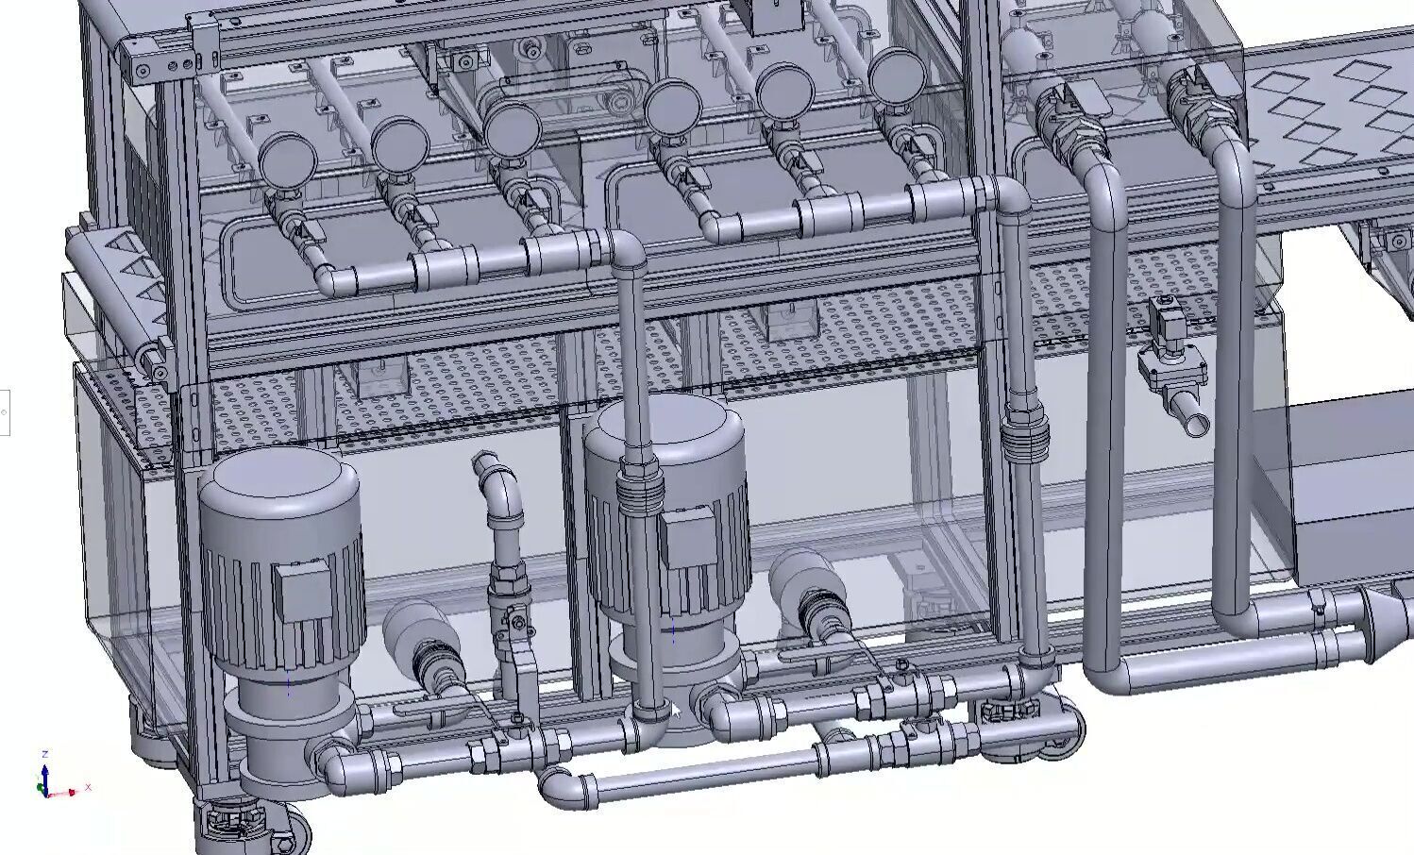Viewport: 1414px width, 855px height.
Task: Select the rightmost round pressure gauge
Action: click(x=895, y=75)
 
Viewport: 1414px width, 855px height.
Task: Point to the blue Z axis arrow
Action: click(x=44, y=772)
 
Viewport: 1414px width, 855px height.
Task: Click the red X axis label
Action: click(x=88, y=787)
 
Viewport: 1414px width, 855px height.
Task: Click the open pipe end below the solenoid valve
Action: click(x=1195, y=421)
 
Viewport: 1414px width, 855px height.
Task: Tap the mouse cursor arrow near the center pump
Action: click(x=674, y=712)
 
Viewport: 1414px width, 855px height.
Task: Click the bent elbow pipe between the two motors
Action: click(x=498, y=491)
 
